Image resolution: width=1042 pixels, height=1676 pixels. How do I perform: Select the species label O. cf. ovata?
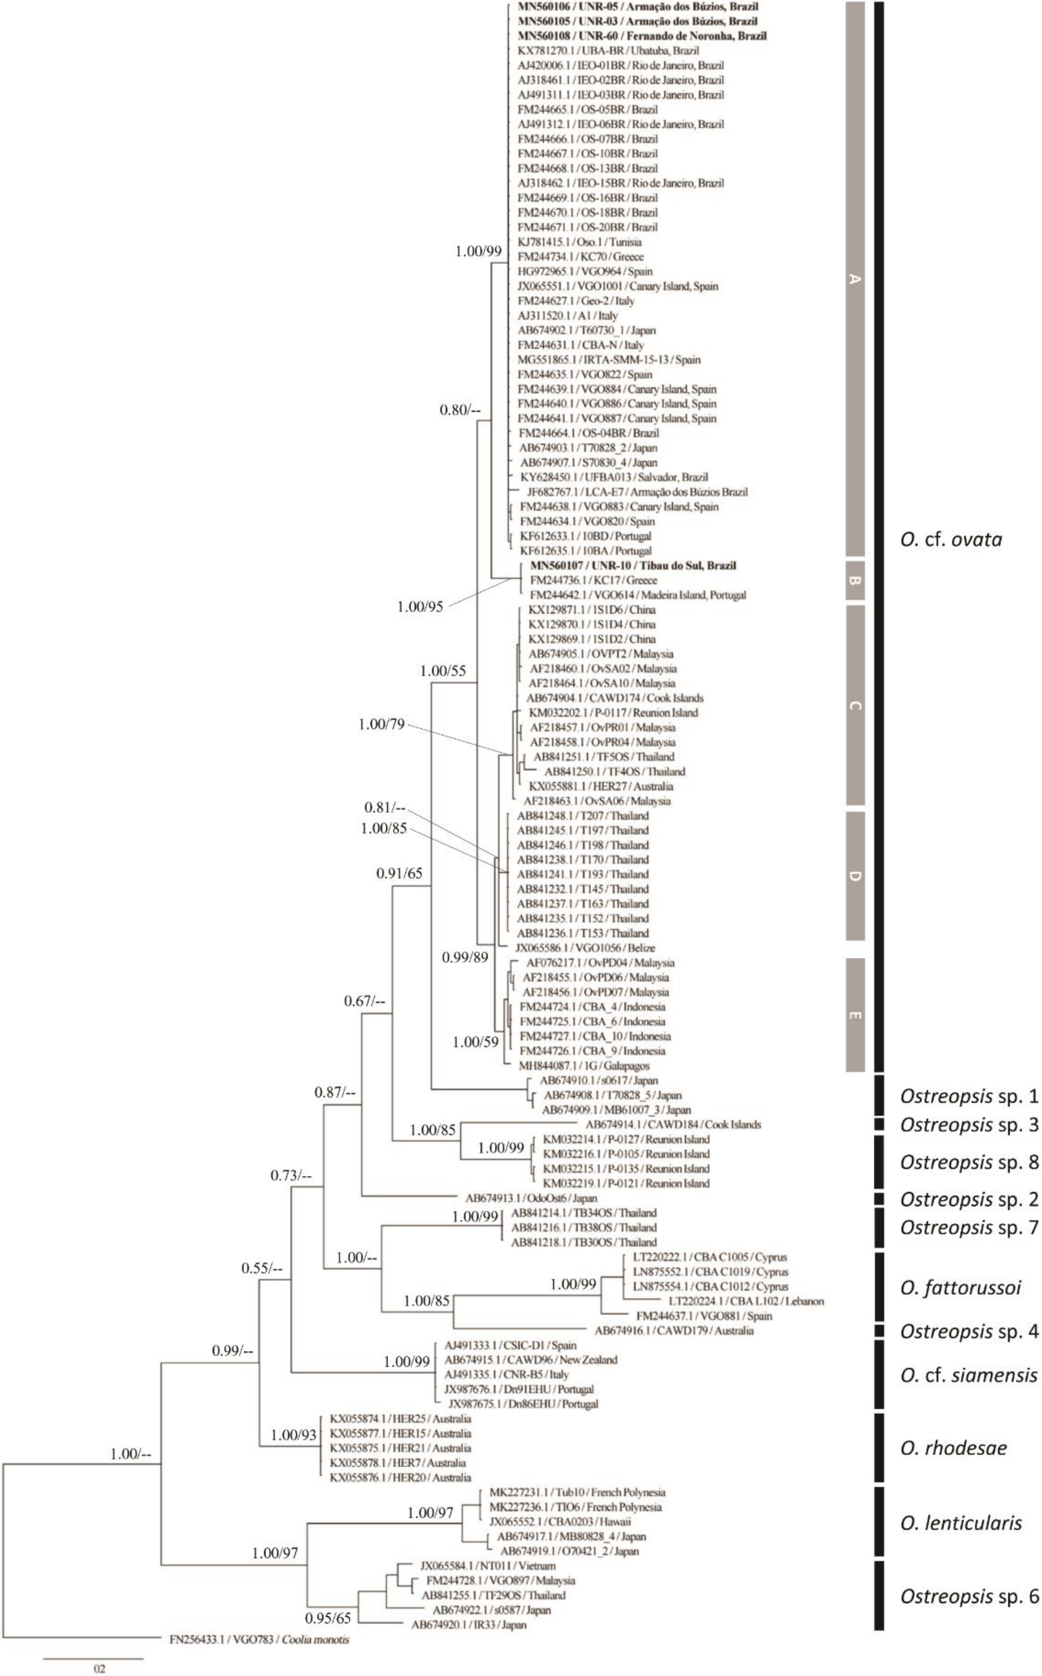951,539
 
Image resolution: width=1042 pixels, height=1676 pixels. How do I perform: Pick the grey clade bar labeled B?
855,580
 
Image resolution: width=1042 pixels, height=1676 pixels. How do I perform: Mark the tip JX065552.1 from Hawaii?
560,1521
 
